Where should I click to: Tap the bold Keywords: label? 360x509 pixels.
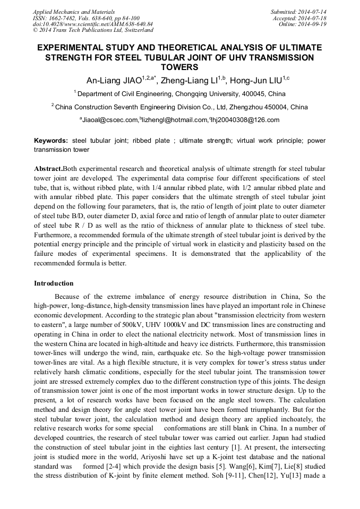[51, 141]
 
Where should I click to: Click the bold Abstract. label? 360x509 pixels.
[48, 168]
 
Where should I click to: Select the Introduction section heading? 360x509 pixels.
[54, 283]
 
